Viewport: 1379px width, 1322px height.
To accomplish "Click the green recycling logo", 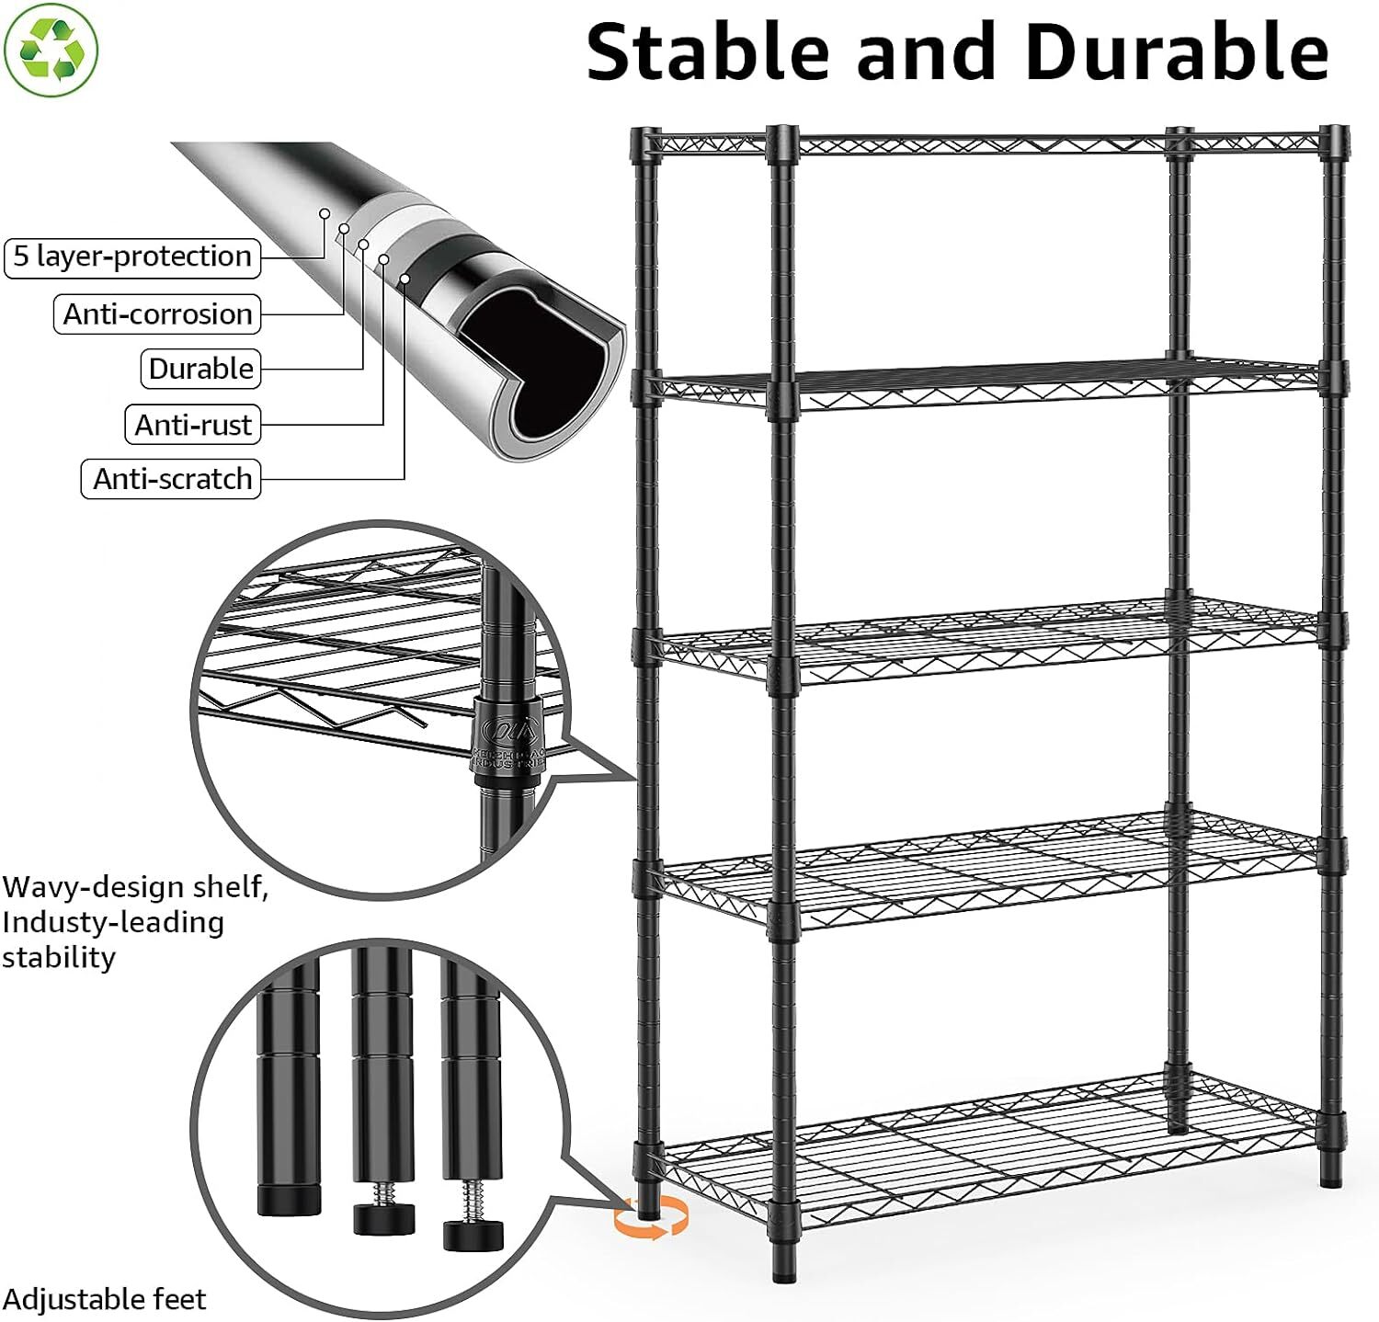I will click(x=51, y=50).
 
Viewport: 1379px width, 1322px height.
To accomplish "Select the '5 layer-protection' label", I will click(x=132, y=256).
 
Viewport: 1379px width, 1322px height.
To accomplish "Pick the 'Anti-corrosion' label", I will click(x=157, y=314).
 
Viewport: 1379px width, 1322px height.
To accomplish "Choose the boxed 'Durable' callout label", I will click(x=200, y=369).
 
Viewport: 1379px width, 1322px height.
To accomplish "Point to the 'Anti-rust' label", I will click(x=192, y=425).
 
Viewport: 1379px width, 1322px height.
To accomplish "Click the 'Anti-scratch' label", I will click(x=172, y=479).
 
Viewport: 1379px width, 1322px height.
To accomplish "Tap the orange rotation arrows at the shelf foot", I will click(x=652, y=1219).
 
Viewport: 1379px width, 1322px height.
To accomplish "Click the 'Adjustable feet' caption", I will click(x=104, y=1299).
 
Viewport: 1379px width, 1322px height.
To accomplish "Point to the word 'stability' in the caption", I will click(x=59, y=957).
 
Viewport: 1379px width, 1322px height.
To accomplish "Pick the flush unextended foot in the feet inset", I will click(x=288, y=1194).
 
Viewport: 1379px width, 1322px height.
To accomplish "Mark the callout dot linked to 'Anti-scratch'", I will click(x=405, y=278).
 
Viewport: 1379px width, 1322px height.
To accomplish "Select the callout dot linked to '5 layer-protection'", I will click(x=325, y=213).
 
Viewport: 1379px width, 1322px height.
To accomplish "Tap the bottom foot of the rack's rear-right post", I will click(x=1330, y=1174).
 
